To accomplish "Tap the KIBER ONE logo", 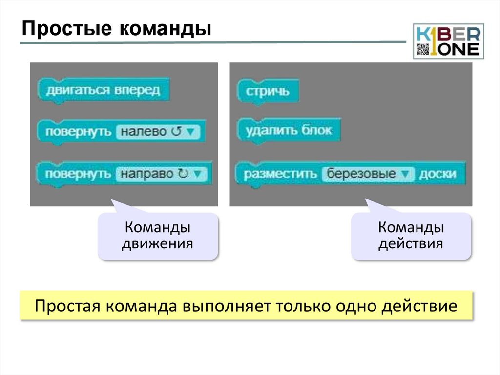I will tap(448, 41).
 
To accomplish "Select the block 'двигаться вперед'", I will tap(103, 90).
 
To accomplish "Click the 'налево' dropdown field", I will tap(157, 132).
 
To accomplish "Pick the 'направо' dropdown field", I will tap(161, 174).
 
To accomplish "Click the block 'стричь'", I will tap(268, 91).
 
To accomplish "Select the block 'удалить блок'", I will tap(289, 131).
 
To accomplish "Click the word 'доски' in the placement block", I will tap(437, 174).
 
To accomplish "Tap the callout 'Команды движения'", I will tap(158, 236).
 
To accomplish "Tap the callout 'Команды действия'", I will tap(411, 236).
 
